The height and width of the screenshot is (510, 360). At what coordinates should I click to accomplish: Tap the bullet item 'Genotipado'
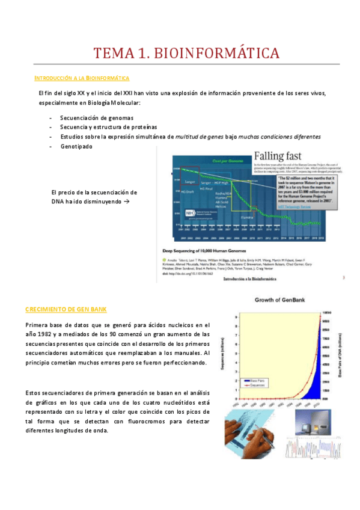click(76, 146)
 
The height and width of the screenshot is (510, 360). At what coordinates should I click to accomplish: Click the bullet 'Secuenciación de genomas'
click(97, 117)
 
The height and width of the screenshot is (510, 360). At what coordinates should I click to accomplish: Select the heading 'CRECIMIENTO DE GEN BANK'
click(66, 309)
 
